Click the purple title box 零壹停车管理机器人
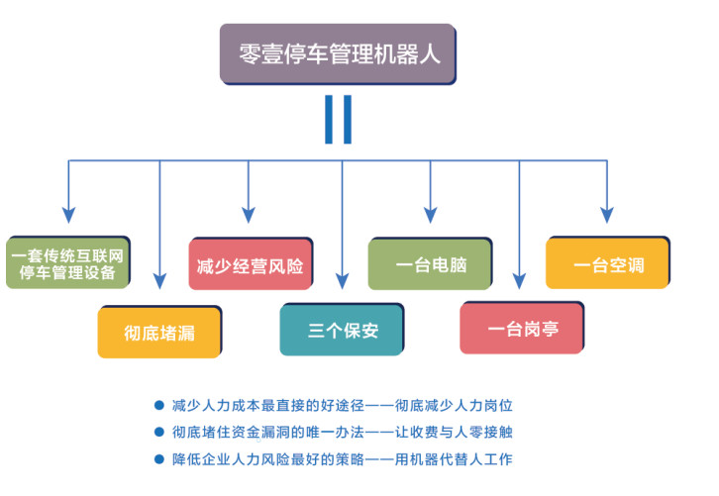(x=338, y=54)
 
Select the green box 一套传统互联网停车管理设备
(x=68, y=262)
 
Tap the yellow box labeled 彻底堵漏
(x=159, y=332)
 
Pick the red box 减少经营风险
(x=251, y=263)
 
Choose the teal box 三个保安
(x=342, y=329)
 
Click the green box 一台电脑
(x=430, y=263)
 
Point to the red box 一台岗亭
(x=522, y=328)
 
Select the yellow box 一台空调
(x=608, y=262)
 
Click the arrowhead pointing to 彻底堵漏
(x=159, y=281)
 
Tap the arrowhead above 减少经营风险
(x=249, y=215)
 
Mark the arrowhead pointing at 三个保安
(x=342, y=281)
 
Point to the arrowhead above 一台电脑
(x=430, y=215)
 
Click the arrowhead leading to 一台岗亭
(x=519, y=281)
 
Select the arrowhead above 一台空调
(x=607, y=215)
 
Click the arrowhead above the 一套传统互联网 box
(x=68, y=215)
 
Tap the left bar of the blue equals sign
(x=329, y=120)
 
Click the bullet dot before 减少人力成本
(x=159, y=405)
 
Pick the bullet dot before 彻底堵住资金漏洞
(x=159, y=432)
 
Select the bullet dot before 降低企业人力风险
(x=159, y=458)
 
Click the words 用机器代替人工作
(x=454, y=459)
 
